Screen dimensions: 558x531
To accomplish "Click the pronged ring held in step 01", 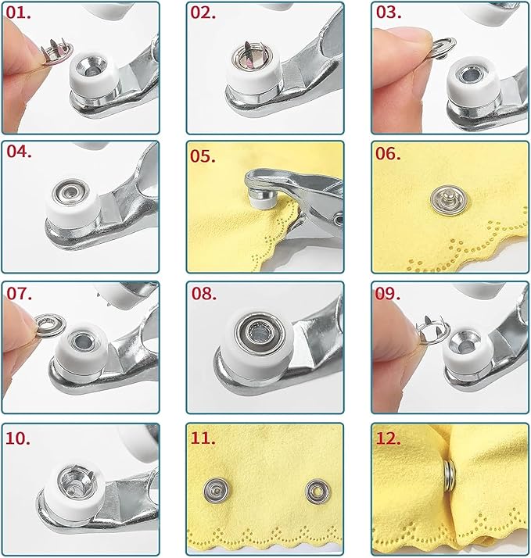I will click(54, 56).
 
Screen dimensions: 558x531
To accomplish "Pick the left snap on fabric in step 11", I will click(213, 490).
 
